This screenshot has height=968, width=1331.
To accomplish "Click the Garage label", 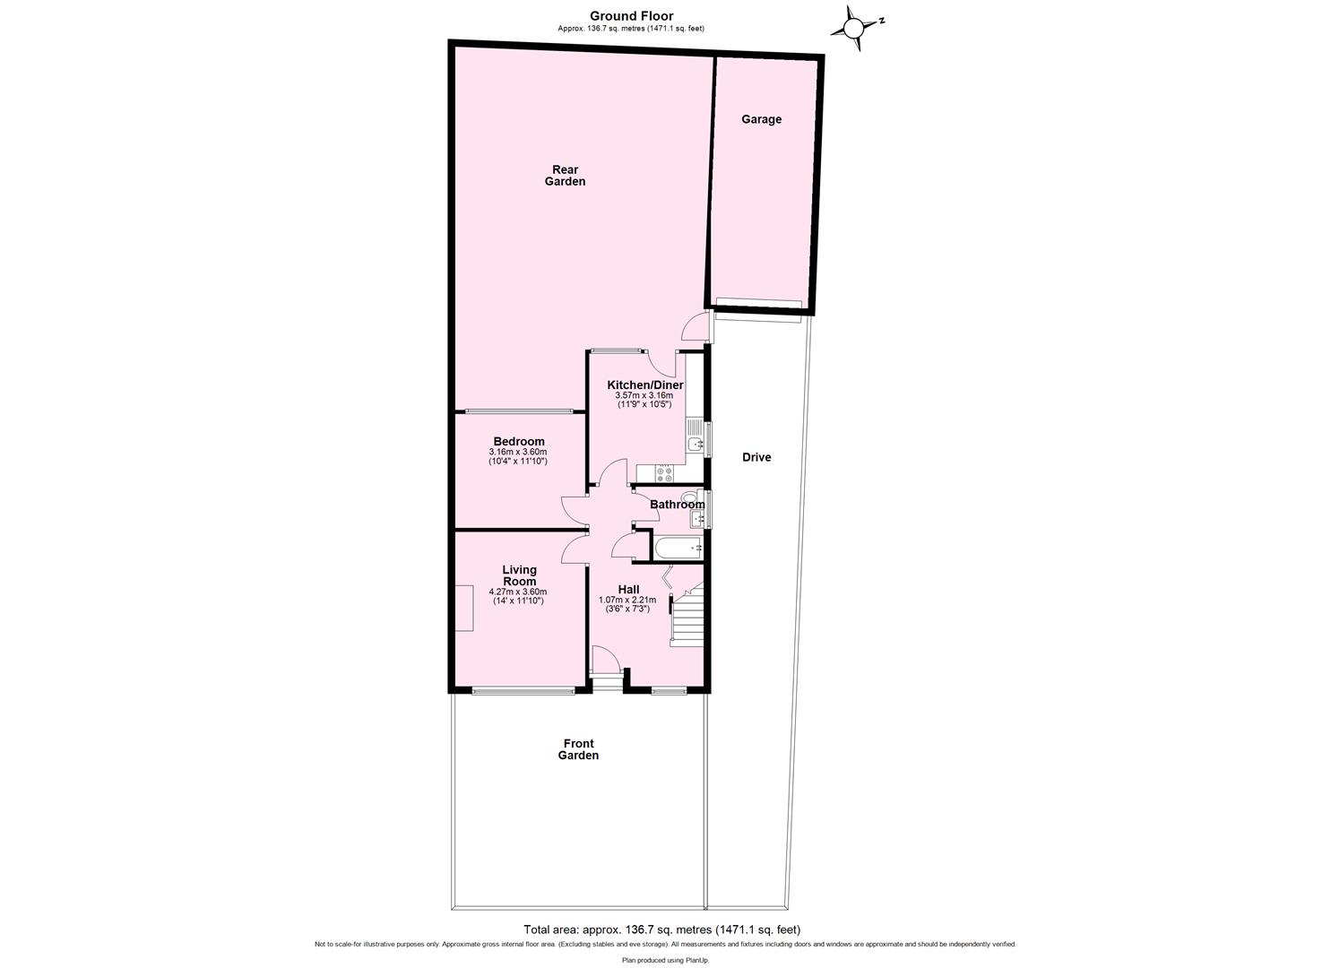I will point(761,119).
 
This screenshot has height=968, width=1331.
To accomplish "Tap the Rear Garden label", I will point(565,176).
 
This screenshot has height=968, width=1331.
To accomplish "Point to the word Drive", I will point(756,457).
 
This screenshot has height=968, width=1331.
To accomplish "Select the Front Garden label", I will point(578,749).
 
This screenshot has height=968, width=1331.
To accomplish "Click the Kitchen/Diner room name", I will point(645,385).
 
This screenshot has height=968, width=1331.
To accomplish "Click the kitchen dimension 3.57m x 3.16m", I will point(644,395).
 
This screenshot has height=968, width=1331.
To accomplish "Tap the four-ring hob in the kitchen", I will point(665,474).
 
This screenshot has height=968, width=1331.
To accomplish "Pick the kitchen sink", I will point(695,444).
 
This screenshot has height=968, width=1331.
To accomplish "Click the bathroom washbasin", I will point(697,518).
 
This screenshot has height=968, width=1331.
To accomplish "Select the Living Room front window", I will point(523,690).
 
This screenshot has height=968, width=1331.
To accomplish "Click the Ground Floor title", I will point(631,16).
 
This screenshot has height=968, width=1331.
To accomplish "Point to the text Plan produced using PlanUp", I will point(665,960).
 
